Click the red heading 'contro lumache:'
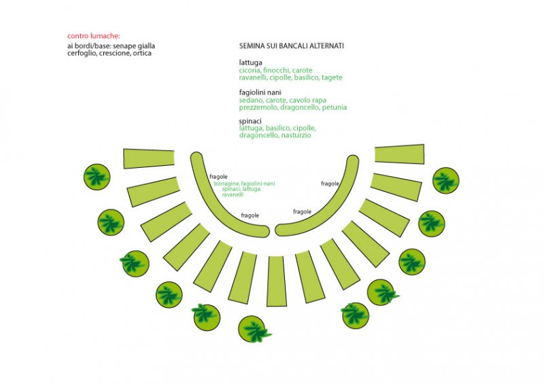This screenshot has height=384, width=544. point(94,36)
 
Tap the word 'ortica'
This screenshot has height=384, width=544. point(142,53)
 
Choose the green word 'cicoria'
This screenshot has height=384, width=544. point(250,70)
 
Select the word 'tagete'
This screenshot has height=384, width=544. point(332,77)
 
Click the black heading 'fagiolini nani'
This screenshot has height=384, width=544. point(260,92)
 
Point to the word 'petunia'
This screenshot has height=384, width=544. point(335,107)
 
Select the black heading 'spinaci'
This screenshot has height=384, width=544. point(250,121)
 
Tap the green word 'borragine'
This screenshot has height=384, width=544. point(226,184)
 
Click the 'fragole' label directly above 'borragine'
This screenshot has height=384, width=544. point(218,177)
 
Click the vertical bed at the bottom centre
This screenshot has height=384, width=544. point(277,281)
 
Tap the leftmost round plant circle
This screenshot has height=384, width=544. point(97,177)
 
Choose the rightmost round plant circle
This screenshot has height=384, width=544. point(446,180)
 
